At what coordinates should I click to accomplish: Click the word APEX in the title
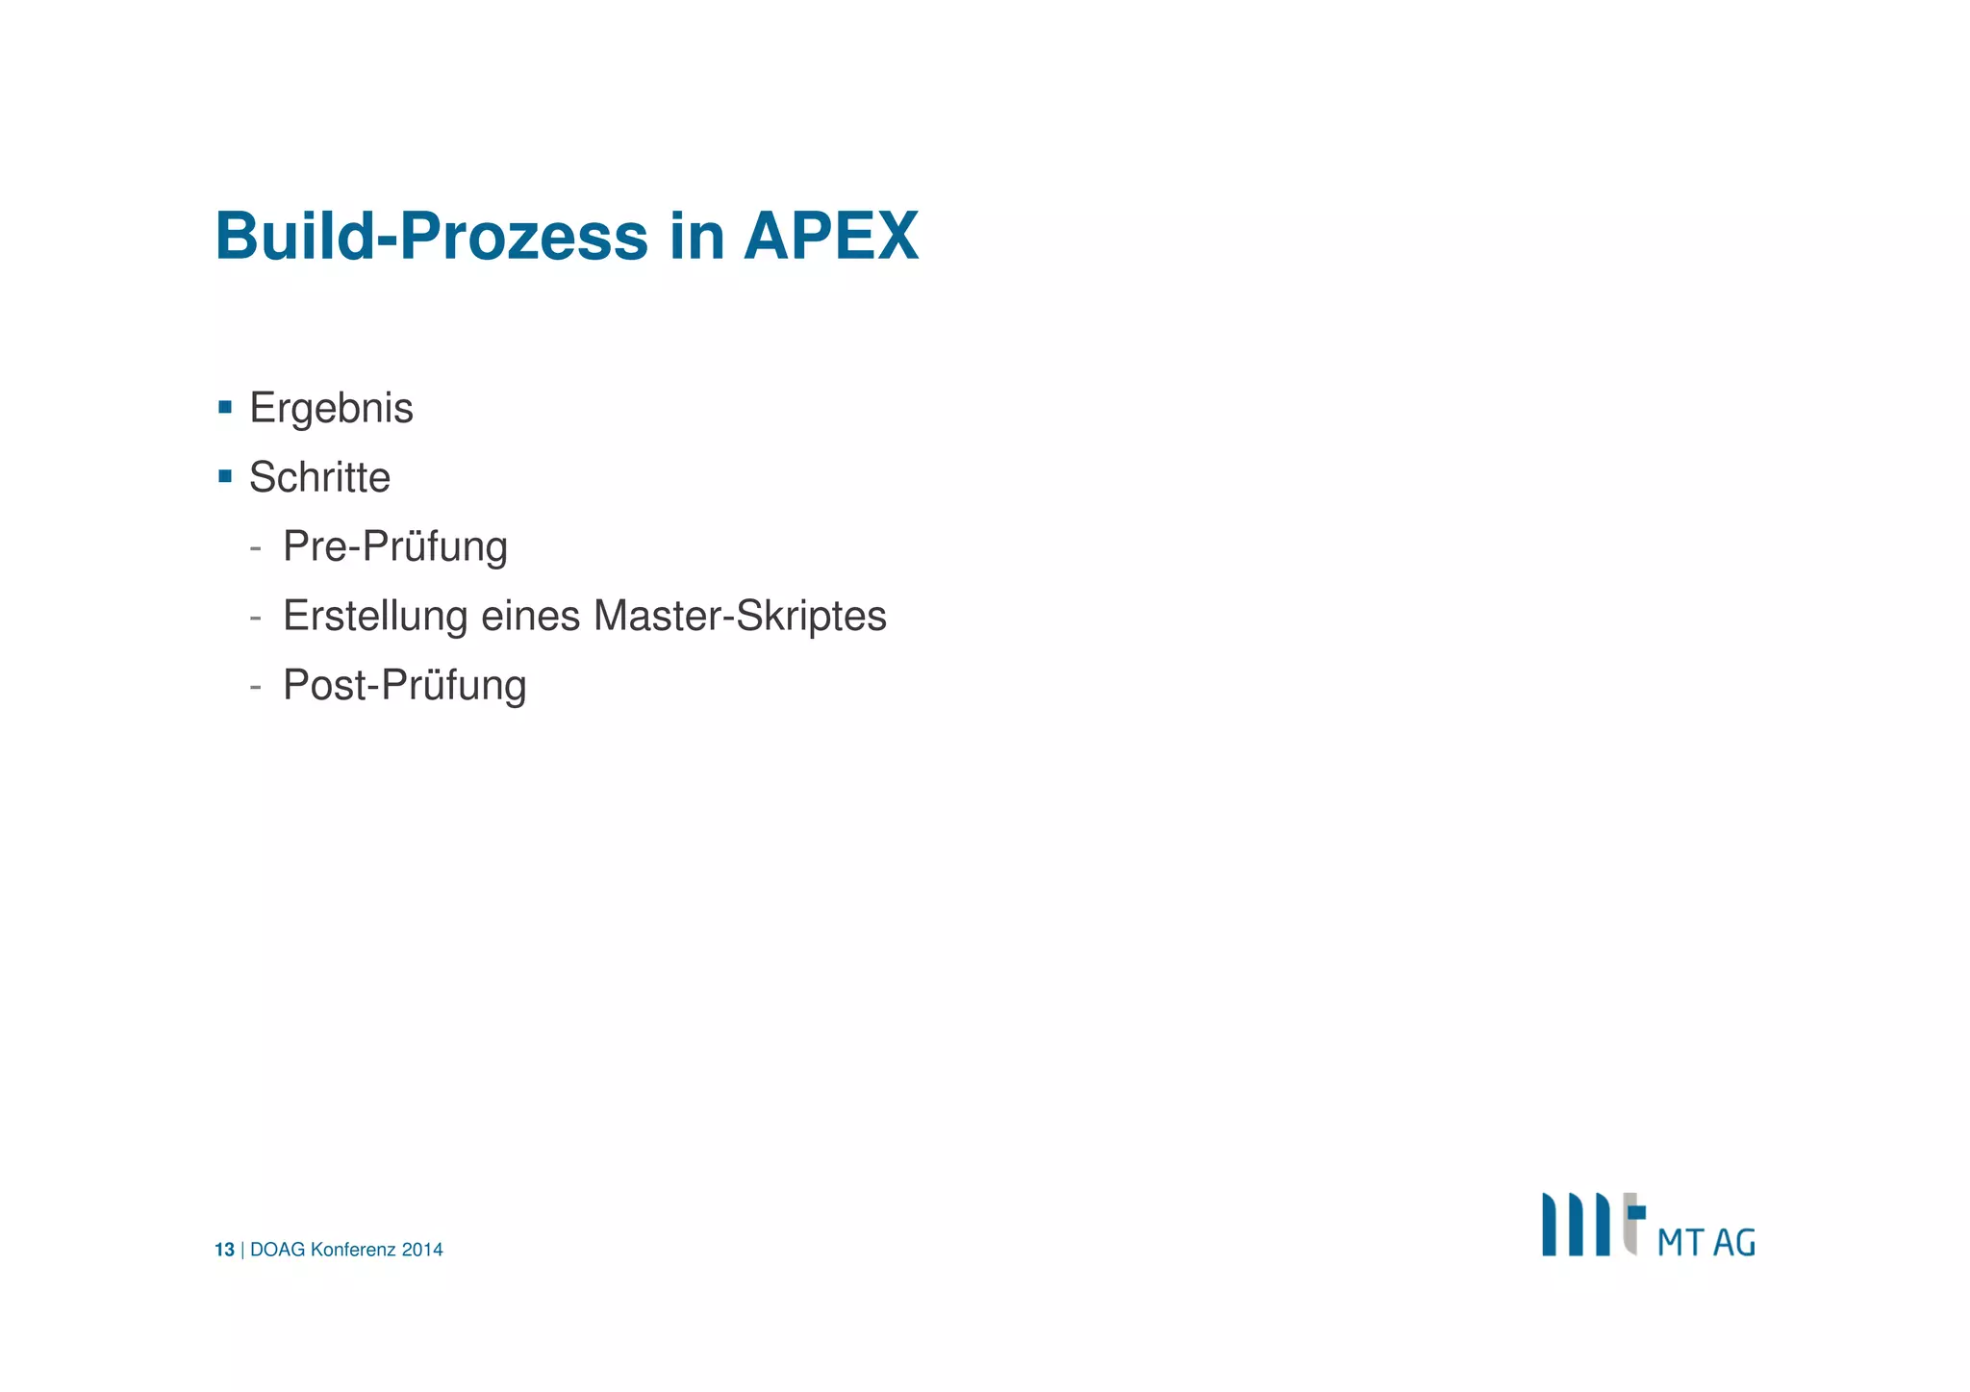830,236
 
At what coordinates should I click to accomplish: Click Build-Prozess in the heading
431,236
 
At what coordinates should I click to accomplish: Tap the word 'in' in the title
695,236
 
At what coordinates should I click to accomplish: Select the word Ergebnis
331,408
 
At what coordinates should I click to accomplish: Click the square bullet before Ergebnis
225,407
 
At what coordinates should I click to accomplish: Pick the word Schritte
319,477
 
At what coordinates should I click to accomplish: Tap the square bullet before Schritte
225,476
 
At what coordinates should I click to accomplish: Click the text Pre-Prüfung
394,546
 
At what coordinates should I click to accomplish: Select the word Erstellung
375,616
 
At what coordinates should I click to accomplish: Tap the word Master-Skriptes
740,616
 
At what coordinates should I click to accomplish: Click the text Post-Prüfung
404,685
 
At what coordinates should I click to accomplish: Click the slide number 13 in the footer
224,1250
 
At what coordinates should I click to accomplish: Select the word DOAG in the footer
277,1250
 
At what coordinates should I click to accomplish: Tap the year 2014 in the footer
422,1250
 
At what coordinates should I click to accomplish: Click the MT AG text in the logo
1705,1242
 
